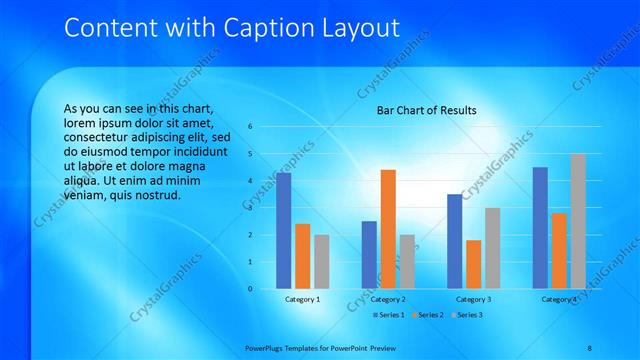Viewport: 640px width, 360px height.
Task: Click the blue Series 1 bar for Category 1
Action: [284, 231]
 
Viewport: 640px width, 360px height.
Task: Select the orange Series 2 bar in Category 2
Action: [388, 229]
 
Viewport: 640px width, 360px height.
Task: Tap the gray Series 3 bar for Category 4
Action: [578, 221]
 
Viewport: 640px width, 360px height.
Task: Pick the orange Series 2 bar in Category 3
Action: [473, 265]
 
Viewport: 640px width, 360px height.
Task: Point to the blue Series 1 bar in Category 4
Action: [540, 228]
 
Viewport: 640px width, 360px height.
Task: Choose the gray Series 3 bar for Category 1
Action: [321, 262]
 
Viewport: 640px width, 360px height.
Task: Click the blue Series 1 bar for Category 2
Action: [369, 255]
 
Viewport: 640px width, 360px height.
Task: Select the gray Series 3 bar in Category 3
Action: [492, 248]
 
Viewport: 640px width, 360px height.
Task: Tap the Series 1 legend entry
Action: [391, 315]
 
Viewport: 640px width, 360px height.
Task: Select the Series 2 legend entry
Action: [428, 315]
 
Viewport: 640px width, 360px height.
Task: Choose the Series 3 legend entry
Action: [466, 315]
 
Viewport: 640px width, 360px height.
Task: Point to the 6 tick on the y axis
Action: [250, 126]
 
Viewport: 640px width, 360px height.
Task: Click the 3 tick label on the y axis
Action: [250, 208]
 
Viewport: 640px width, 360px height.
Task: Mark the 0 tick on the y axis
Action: [250, 289]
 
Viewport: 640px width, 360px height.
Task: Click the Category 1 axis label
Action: [303, 299]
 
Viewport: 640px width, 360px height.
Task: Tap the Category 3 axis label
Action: [473, 299]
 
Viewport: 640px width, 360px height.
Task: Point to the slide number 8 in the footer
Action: [590, 347]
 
